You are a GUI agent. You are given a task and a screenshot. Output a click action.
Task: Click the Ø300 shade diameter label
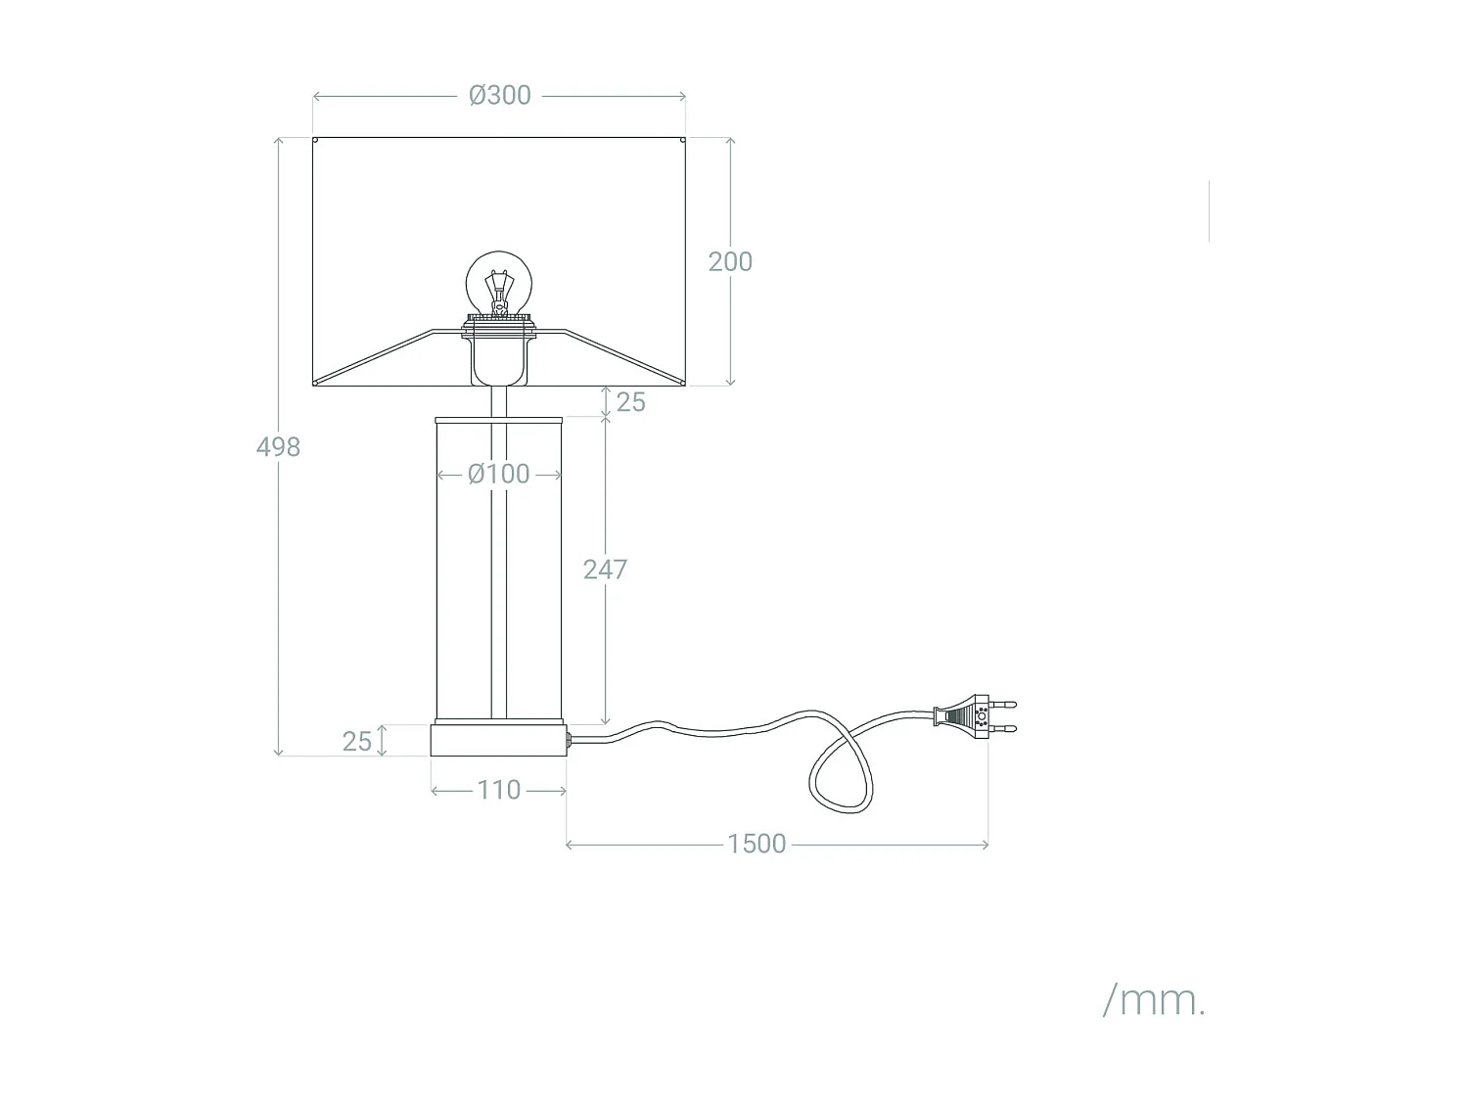499,96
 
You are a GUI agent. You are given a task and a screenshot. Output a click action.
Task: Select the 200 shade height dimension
730,261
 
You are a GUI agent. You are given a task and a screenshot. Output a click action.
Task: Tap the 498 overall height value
278,446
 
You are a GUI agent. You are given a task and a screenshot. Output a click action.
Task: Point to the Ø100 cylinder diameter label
498,474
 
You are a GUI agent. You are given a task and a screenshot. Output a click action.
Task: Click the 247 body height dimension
605,570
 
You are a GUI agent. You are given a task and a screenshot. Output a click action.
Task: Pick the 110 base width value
498,790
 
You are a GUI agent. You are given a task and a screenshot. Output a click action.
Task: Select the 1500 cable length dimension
757,844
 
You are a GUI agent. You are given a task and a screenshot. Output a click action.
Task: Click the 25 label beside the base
357,741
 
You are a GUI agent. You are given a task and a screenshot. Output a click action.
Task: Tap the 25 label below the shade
630,402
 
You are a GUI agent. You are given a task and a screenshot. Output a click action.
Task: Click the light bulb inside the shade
499,281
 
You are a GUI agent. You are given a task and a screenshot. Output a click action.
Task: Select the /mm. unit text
1154,1000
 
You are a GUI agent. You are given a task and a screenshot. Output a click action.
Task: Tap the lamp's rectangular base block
498,740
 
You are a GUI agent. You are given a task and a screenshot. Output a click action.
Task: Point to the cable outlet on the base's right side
569,739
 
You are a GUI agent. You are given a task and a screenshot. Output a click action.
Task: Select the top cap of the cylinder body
498,420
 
